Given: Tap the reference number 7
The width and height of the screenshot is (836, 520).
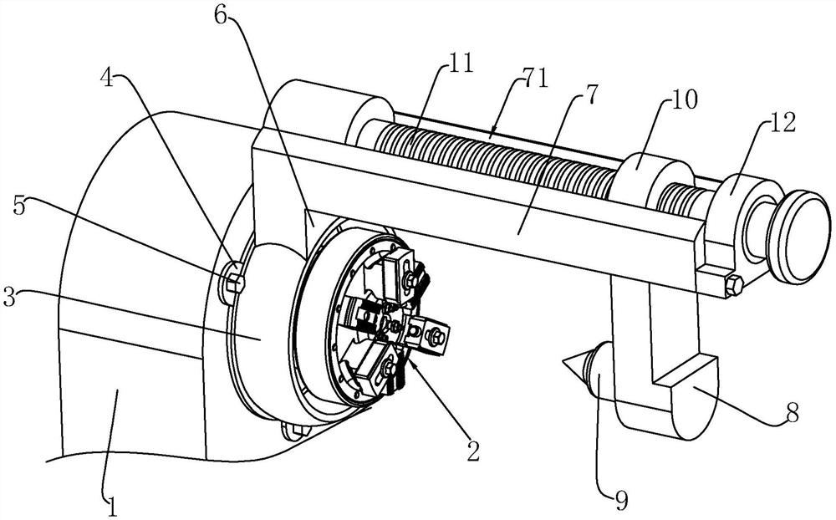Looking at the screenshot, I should [x=591, y=94].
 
